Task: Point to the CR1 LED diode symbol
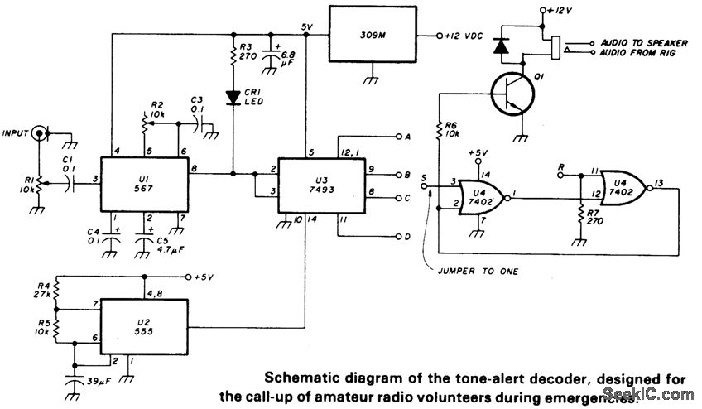233,97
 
